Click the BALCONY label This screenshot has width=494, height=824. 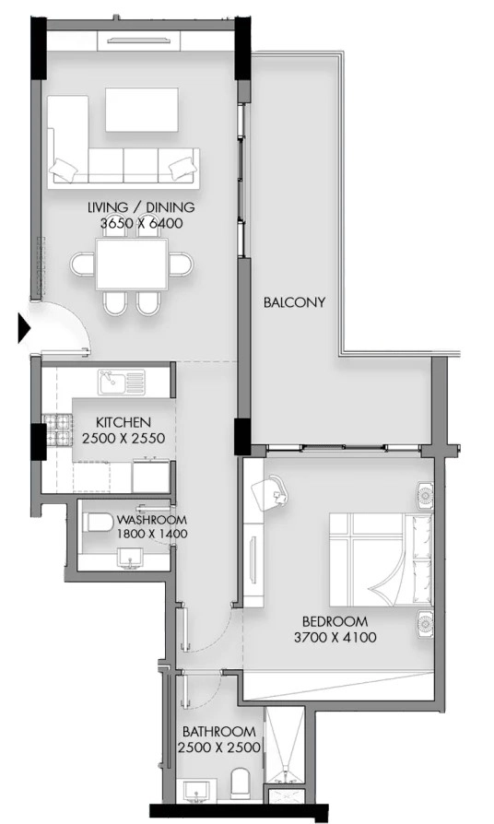pyautogui.click(x=294, y=302)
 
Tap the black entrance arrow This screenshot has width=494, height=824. pyautogui.click(x=24, y=328)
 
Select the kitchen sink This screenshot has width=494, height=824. pyautogui.click(x=121, y=383)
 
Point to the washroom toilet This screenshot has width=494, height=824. pyautogui.click(x=99, y=523)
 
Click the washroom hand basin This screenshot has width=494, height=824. pyautogui.click(x=129, y=557)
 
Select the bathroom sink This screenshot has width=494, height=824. pyautogui.click(x=197, y=792)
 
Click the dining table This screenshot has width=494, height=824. pyautogui.click(x=132, y=264)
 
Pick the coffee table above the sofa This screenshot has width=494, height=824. pyautogui.click(x=142, y=110)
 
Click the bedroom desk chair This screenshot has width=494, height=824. pyautogui.click(x=270, y=492)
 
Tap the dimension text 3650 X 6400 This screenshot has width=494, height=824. pyautogui.click(x=142, y=223)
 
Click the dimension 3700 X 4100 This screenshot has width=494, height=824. pyautogui.click(x=335, y=638)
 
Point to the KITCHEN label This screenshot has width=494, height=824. pyautogui.click(x=123, y=422)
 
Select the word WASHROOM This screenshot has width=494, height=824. pyautogui.click(x=152, y=520)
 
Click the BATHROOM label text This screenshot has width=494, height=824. pyautogui.click(x=219, y=732)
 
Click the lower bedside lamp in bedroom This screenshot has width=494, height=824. pyautogui.click(x=425, y=624)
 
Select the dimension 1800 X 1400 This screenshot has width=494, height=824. pyautogui.click(x=152, y=534)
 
